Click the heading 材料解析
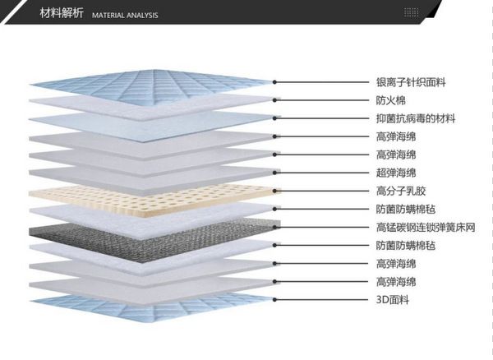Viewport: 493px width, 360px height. click(x=62, y=13)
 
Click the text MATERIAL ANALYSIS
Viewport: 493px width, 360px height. click(x=125, y=15)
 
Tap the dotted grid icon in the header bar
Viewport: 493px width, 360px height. click(x=412, y=12)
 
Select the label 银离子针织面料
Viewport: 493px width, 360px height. click(x=411, y=82)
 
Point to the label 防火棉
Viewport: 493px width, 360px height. click(x=391, y=100)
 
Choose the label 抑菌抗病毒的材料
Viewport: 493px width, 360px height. click(x=416, y=118)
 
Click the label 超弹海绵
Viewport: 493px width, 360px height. click(x=396, y=173)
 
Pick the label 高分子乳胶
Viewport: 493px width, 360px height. click(x=401, y=191)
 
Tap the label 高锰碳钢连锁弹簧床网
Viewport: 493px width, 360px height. click(x=426, y=227)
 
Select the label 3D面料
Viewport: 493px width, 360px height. click(x=393, y=300)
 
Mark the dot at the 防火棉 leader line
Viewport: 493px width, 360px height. click(x=274, y=100)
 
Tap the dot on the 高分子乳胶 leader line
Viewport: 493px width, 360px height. click(x=274, y=191)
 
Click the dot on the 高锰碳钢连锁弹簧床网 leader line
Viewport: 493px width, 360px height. click(x=274, y=227)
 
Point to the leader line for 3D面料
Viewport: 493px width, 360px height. click(x=321, y=300)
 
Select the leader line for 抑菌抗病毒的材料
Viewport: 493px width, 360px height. click(x=321, y=118)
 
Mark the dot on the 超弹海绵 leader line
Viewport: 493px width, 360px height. click(x=274, y=173)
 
